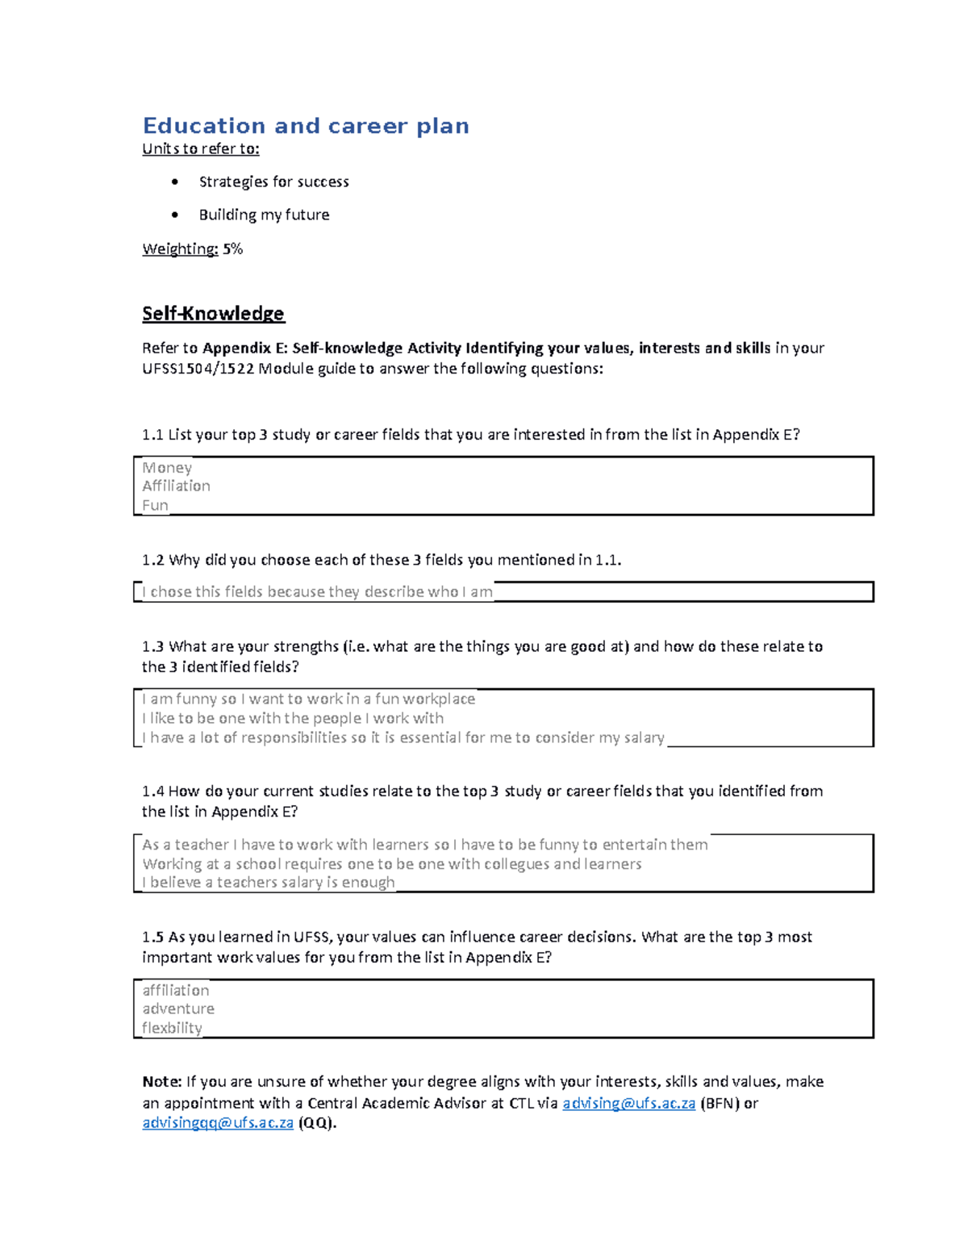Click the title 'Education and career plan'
306,126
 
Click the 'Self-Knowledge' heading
213,313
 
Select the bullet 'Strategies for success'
273,182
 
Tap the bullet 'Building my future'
264,215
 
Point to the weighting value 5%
232,249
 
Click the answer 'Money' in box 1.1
167,467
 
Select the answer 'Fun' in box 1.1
155,505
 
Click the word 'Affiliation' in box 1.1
176,486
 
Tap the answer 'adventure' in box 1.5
178,1009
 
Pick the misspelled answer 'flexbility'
172,1028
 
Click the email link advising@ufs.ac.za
628,1103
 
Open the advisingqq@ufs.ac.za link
218,1123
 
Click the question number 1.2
152,560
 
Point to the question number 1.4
152,791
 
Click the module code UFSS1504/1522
198,369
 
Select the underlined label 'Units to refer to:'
201,148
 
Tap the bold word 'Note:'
161,1082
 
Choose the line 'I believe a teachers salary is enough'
269,883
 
